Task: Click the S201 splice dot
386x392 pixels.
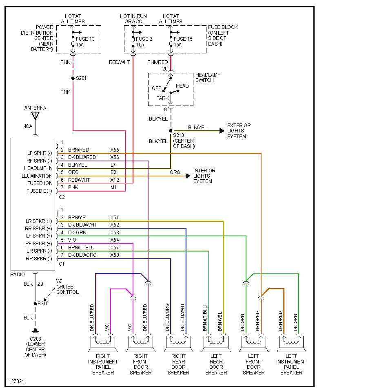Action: [x=73, y=78]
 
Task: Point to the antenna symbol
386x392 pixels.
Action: [x=35, y=115]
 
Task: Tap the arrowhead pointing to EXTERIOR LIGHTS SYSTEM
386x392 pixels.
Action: [x=222, y=131]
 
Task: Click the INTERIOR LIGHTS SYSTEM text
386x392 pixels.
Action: [x=204, y=176]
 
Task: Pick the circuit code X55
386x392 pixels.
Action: [x=115, y=150]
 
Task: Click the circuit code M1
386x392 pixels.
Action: [x=113, y=187]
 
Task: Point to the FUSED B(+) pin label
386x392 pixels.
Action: [x=40, y=191]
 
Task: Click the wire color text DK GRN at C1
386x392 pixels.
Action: [x=77, y=232]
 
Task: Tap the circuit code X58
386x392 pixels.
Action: [x=115, y=255]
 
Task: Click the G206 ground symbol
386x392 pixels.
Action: [x=35, y=330]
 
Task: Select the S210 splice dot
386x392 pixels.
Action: [x=35, y=303]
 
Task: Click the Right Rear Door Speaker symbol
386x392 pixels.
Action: [x=178, y=343]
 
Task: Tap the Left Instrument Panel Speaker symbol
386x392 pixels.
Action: [x=291, y=343]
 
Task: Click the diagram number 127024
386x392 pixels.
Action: [x=17, y=381]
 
